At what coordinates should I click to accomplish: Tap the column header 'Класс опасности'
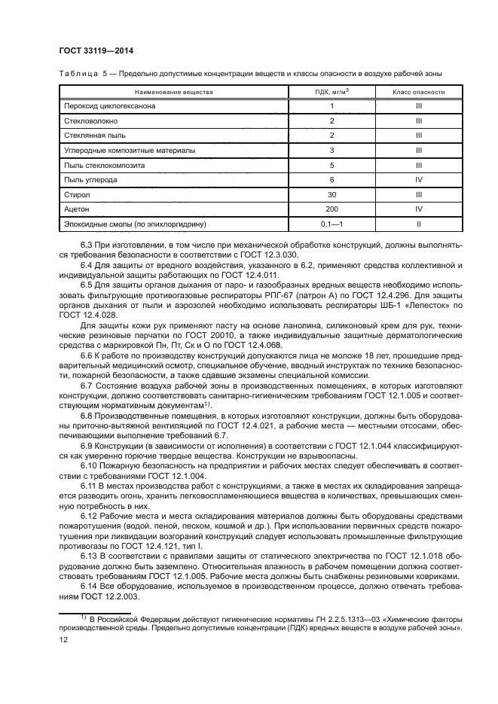point(418,92)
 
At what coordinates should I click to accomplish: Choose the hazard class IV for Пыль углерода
point(418,180)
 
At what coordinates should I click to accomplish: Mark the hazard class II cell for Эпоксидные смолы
point(418,224)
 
